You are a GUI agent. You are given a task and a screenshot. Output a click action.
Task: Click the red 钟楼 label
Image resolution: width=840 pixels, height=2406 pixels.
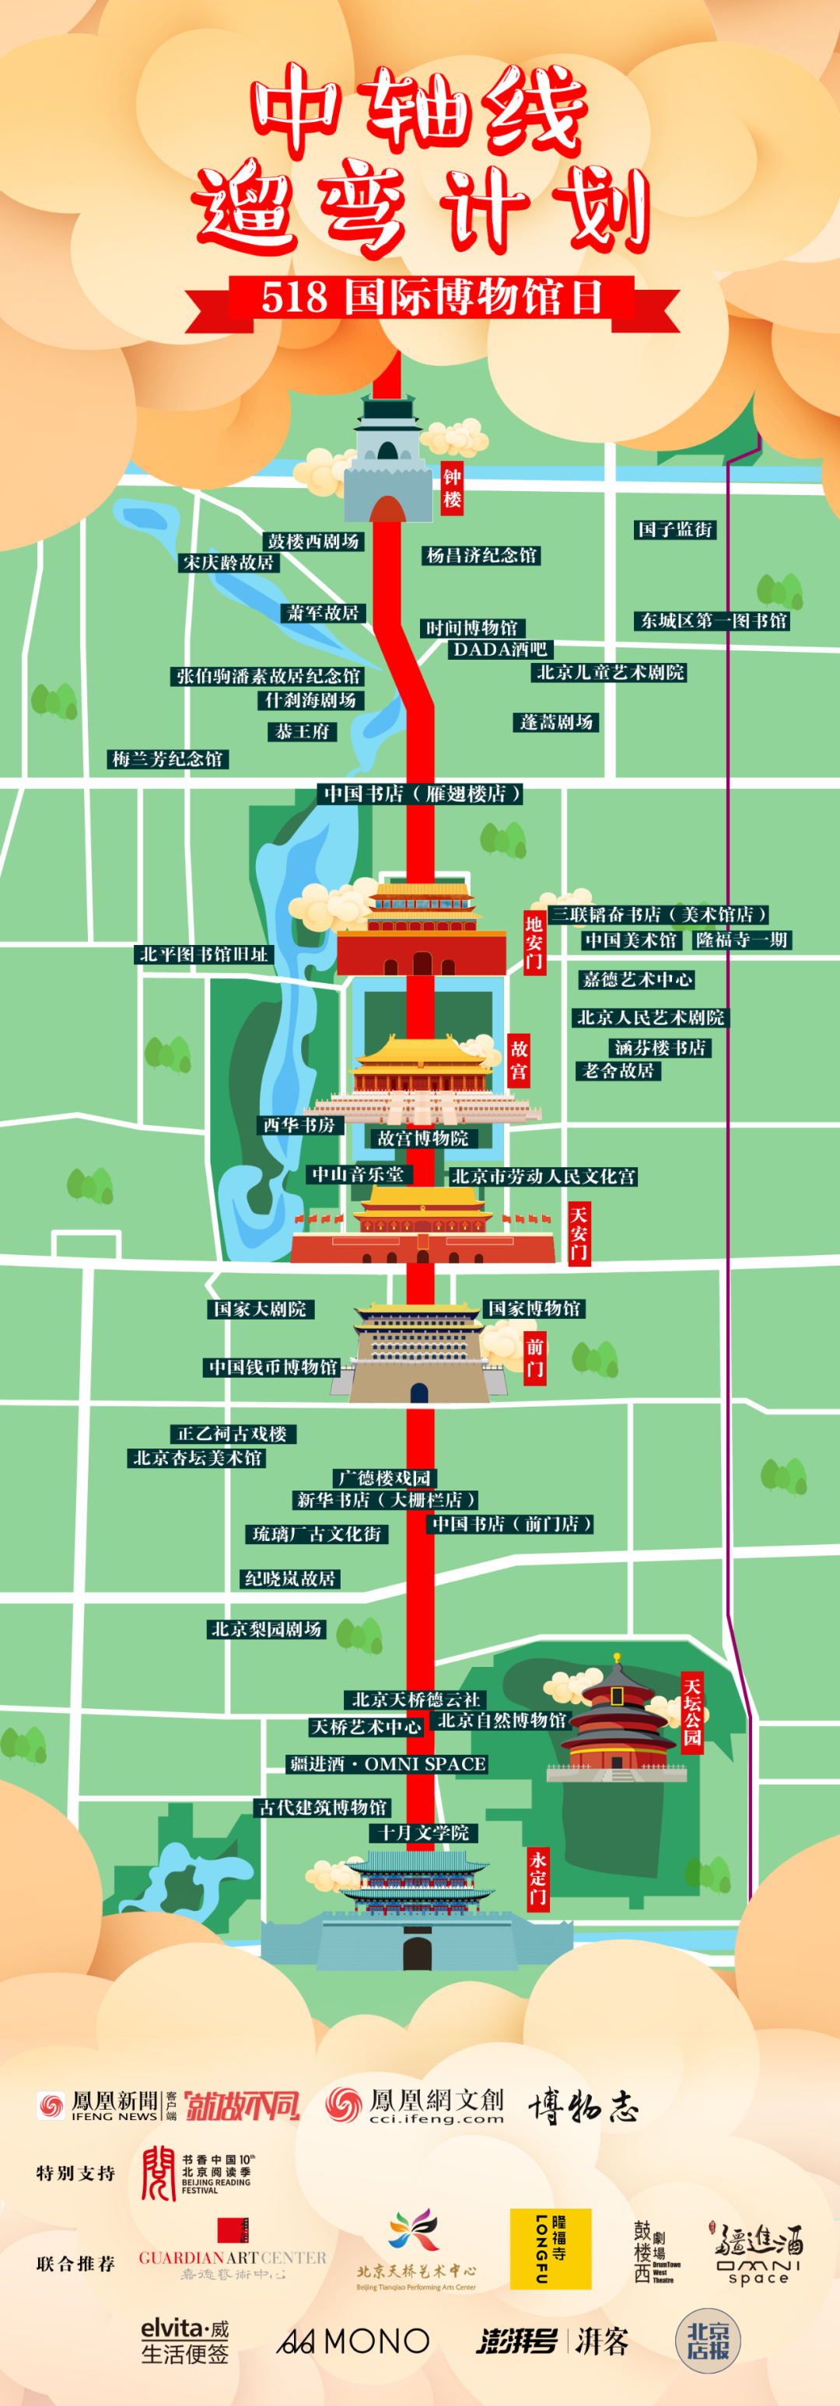click(452, 487)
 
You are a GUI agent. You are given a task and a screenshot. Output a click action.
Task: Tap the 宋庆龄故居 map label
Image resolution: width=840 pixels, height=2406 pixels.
click(229, 563)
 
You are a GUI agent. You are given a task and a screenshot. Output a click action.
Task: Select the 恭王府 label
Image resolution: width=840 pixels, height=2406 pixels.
click(303, 731)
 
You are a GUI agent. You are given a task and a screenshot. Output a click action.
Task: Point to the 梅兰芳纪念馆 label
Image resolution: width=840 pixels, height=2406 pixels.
click(168, 758)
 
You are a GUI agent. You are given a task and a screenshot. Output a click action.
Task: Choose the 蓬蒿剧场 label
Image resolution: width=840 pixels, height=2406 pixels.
click(557, 722)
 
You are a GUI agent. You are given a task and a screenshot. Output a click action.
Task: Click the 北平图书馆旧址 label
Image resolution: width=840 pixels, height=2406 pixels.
click(204, 954)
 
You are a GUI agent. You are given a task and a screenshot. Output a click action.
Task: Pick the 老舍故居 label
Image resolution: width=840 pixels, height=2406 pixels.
click(618, 1069)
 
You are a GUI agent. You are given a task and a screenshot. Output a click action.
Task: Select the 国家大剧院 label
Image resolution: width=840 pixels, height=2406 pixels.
click(260, 1309)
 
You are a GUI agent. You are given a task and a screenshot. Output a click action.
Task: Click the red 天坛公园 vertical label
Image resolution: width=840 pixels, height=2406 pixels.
click(691, 1712)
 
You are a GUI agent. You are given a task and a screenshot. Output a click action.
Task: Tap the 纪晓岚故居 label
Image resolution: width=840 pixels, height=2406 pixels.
click(289, 1578)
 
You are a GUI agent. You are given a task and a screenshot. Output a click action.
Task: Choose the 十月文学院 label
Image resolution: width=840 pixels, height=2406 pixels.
click(423, 1832)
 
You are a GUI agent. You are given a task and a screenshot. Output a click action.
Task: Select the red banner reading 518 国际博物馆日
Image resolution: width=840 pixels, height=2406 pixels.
click(432, 299)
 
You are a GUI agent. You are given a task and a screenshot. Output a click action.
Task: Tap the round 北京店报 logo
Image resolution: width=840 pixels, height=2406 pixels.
click(707, 2340)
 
